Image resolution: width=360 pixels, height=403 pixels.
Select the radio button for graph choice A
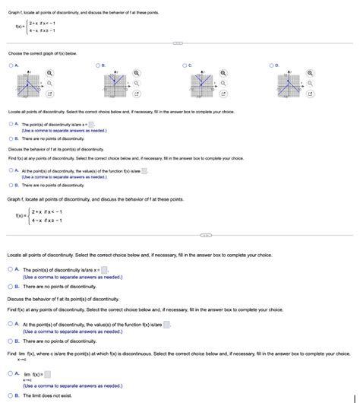(x=11, y=66)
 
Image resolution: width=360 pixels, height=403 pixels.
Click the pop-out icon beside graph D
(x=311, y=94)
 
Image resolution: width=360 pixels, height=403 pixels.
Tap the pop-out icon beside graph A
(x=49, y=94)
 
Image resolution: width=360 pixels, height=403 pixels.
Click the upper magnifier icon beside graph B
(x=137, y=73)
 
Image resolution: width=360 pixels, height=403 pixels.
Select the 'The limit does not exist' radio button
(x=11, y=396)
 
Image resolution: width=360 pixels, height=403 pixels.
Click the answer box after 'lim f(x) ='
(x=47, y=374)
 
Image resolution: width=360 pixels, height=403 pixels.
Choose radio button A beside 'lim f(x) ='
(x=11, y=374)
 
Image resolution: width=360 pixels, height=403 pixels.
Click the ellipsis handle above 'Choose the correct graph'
(x=180, y=43)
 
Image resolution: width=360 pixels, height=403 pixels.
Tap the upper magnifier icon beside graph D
(x=311, y=73)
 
